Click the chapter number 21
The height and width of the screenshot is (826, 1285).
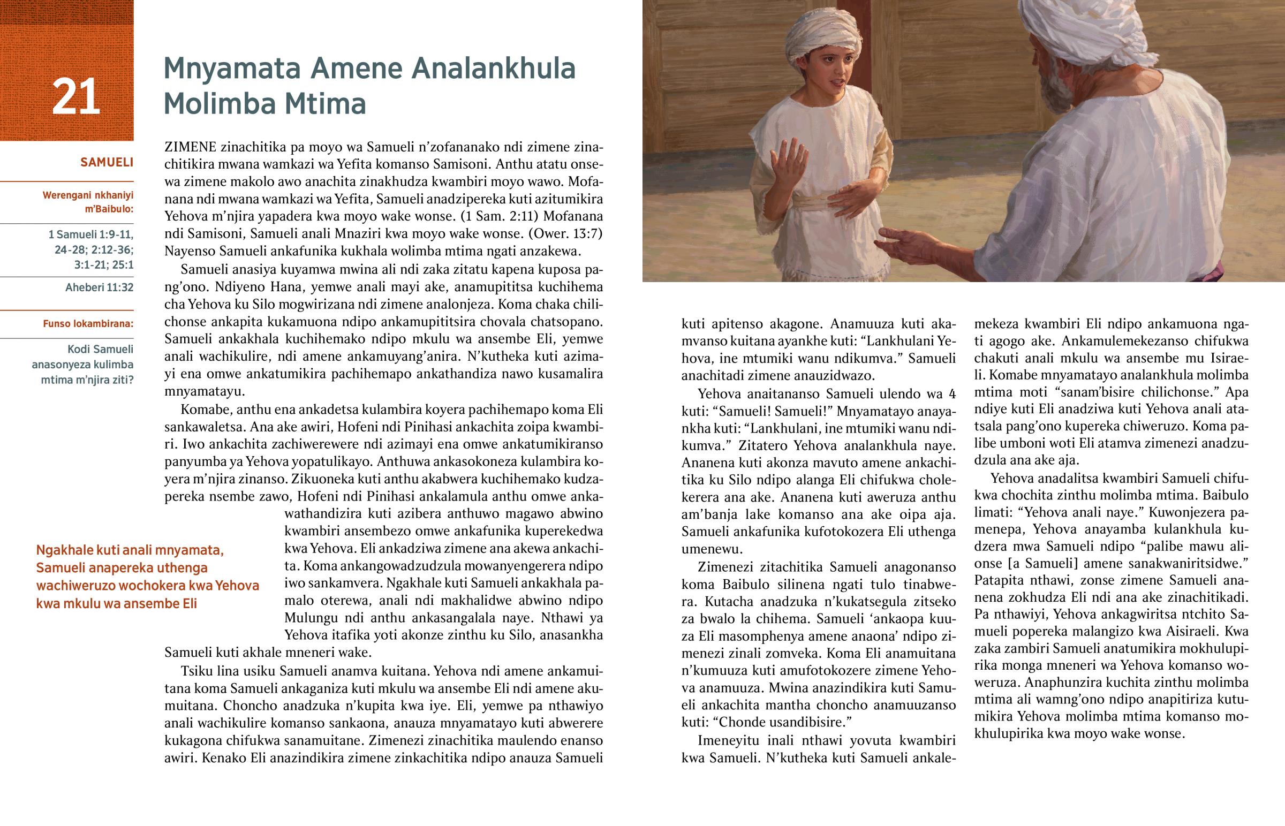(75, 96)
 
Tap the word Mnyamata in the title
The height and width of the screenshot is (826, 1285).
(232, 69)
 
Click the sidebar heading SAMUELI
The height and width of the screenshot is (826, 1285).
(107, 162)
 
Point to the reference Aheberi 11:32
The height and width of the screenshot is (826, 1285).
(99, 287)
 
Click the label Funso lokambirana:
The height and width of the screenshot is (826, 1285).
(88, 324)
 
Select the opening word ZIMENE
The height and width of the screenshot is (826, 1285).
(191, 147)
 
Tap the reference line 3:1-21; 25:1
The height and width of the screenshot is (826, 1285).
(103, 265)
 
